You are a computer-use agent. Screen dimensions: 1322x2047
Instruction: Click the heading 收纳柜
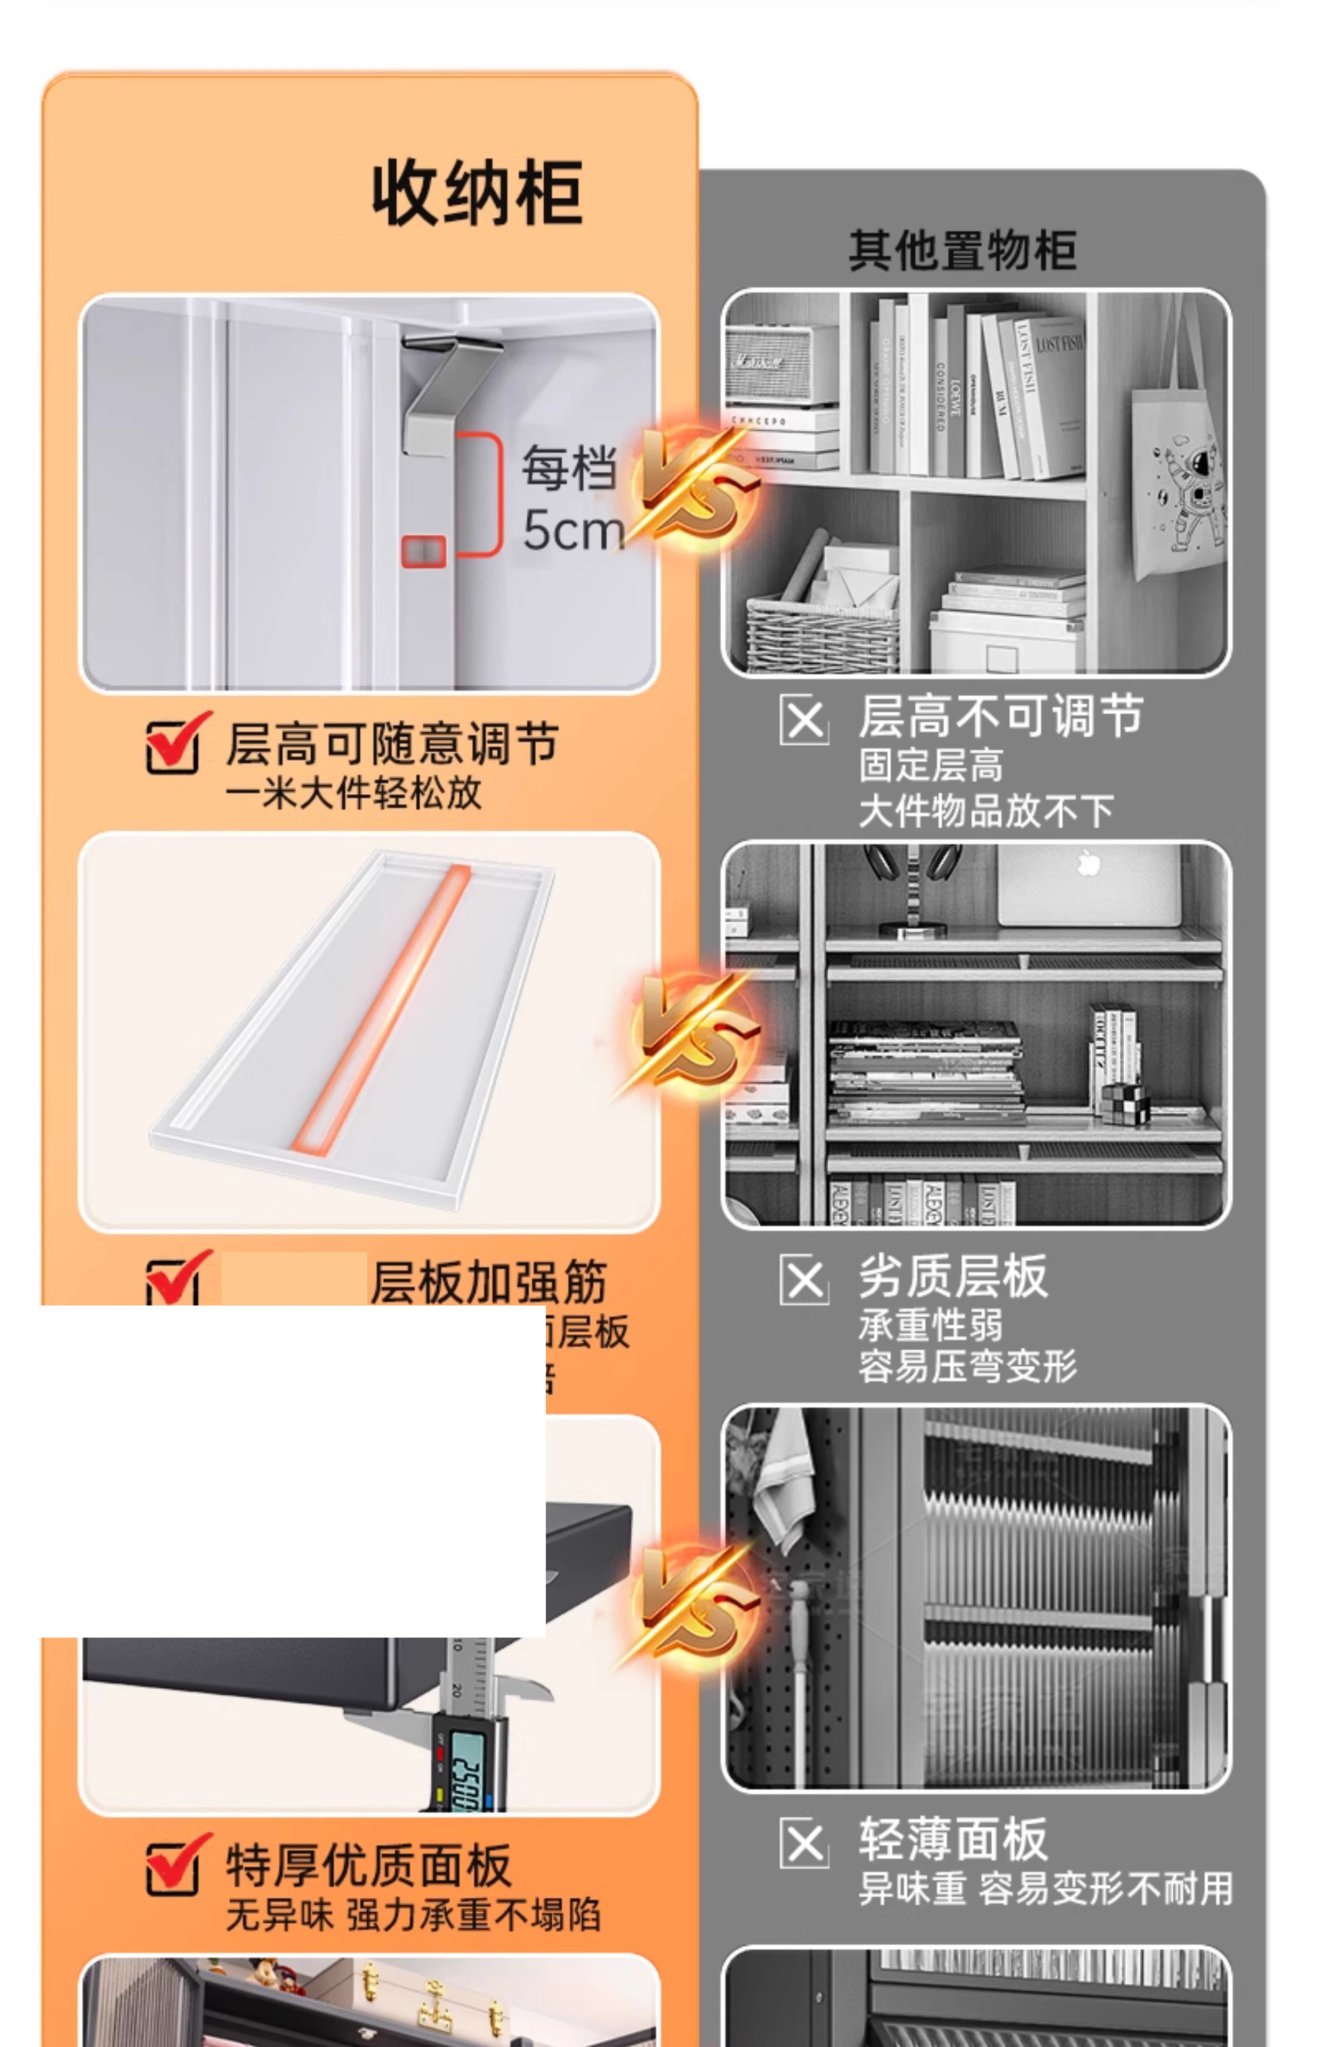tap(477, 193)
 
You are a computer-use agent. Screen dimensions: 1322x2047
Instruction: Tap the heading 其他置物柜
tap(962, 251)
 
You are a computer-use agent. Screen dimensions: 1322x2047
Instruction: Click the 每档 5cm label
tap(571, 498)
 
